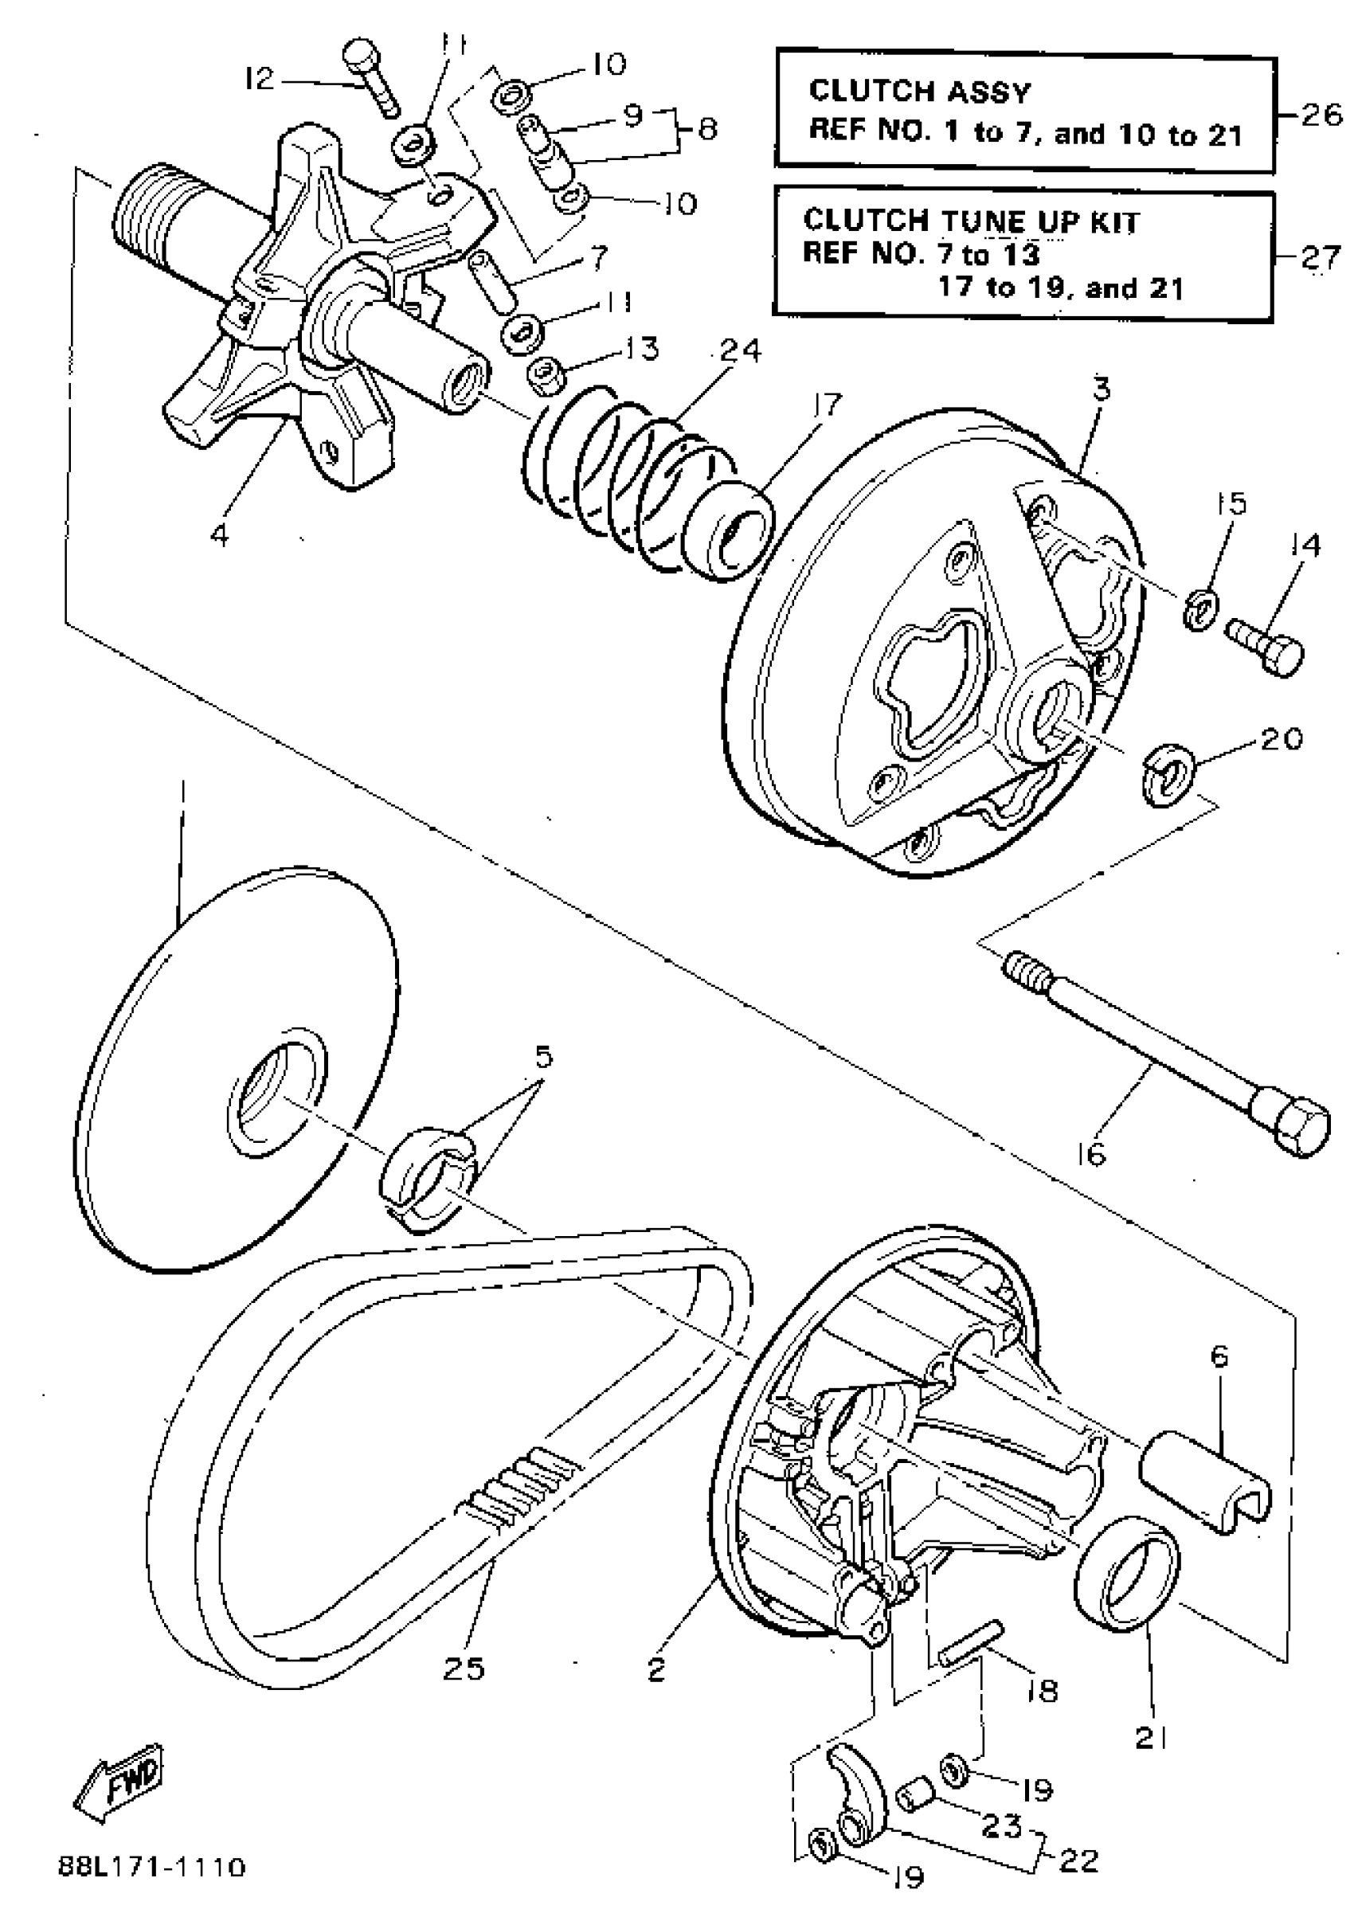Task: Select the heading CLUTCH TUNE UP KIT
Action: tap(971, 221)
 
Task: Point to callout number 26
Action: tap(1322, 115)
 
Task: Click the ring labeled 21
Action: tap(1126, 1576)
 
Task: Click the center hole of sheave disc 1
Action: tap(272, 1098)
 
